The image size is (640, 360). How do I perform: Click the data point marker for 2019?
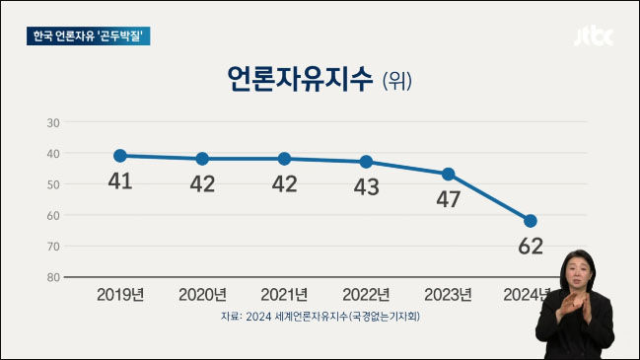tap(120, 155)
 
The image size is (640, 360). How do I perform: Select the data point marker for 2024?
tap(531, 221)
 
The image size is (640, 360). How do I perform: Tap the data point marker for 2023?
tap(449, 174)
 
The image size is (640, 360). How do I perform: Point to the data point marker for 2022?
tap(367, 161)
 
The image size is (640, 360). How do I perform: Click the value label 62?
tap(531, 247)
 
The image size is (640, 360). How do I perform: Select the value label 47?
tap(449, 199)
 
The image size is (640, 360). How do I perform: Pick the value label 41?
tap(120, 181)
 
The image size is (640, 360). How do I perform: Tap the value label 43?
tap(367, 187)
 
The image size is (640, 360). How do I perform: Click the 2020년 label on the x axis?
tap(202, 294)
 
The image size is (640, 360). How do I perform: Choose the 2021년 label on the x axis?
tap(284, 294)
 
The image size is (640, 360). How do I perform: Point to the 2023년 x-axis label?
tap(449, 294)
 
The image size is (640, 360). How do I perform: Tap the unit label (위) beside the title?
tap(396, 81)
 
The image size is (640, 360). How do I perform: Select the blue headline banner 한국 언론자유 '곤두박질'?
tap(92, 36)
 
